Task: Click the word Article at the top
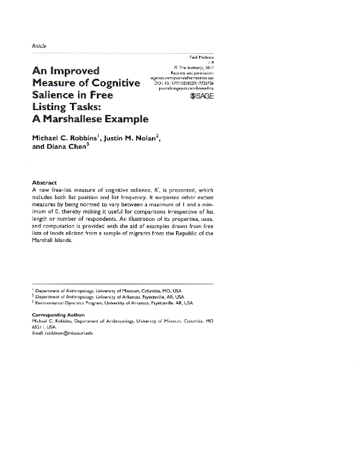[39, 46]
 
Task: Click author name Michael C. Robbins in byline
[64, 139]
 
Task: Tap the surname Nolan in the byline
[143, 139]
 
